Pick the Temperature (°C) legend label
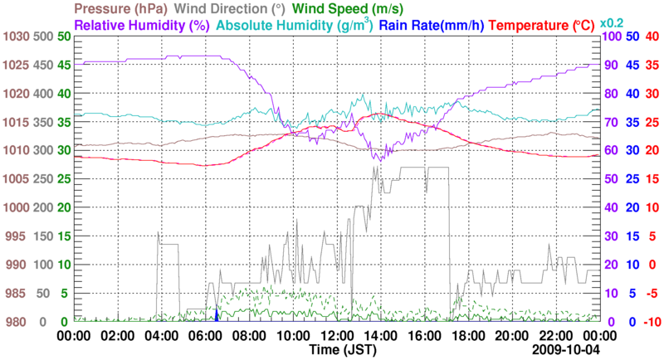point(543,25)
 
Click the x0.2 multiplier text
point(613,22)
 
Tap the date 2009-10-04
point(565,351)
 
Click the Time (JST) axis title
point(341,351)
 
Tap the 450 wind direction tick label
point(41,65)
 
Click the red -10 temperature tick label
point(652,322)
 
